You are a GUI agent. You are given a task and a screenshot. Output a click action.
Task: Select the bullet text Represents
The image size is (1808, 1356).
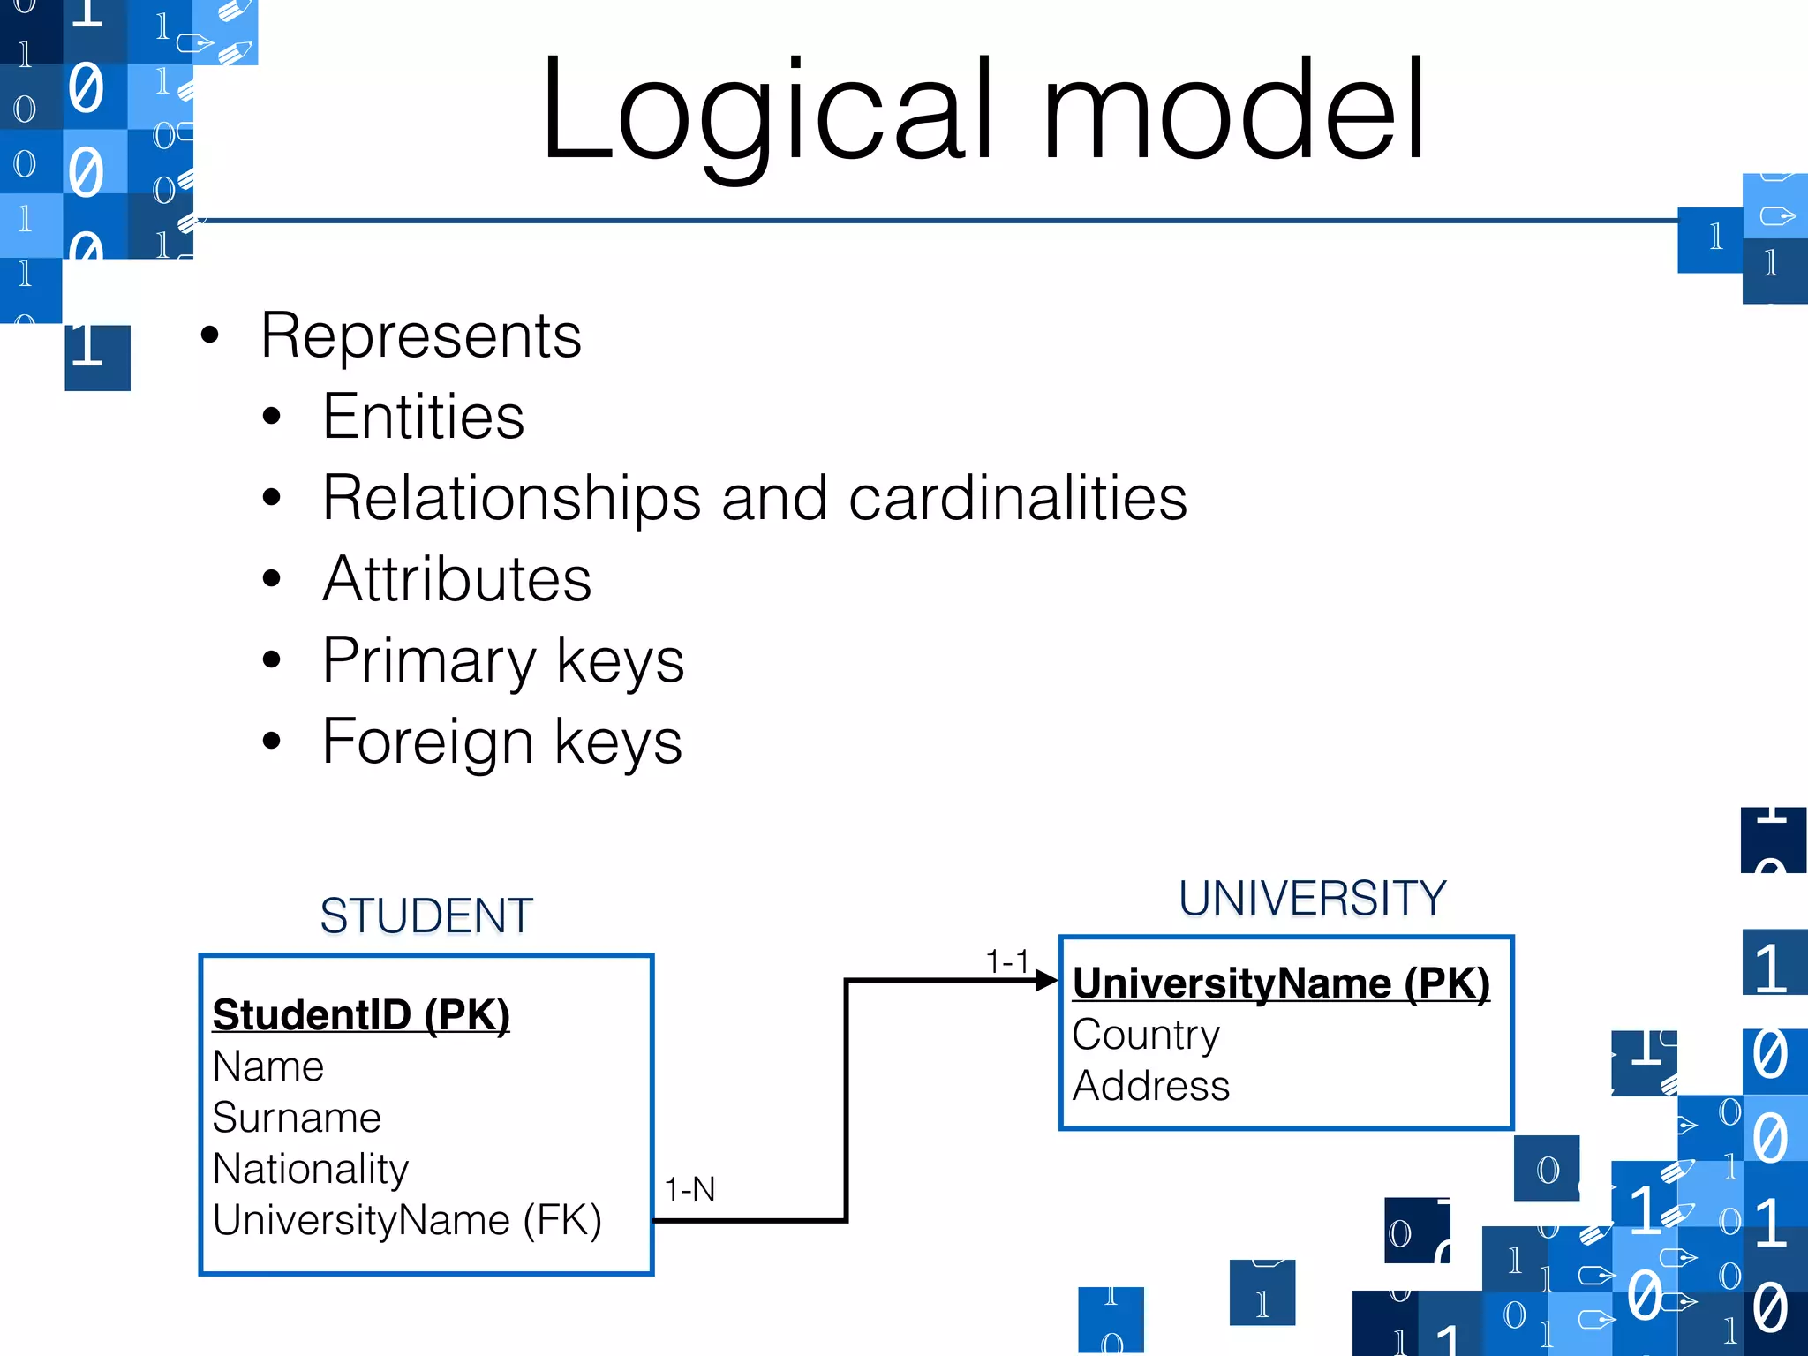click(421, 336)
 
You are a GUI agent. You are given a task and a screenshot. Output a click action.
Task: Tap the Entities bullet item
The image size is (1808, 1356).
click(423, 417)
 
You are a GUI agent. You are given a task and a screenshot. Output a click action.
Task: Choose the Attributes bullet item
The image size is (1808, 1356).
click(456, 580)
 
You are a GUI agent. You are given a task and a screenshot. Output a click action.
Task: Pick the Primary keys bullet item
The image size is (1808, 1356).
click(502, 660)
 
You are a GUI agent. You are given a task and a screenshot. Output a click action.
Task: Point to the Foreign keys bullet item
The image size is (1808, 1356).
click(501, 742)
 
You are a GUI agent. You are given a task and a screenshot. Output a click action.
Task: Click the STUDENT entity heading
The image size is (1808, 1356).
click(426, 915)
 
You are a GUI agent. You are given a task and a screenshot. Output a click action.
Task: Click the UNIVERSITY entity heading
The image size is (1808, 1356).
click(1312, 899)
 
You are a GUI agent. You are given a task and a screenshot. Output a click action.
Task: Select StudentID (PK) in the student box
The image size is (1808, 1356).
click(361, 1015)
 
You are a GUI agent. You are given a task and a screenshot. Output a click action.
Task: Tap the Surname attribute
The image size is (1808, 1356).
click(297, 1118)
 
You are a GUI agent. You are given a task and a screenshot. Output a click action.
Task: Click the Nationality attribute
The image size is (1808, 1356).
click(311, 1169)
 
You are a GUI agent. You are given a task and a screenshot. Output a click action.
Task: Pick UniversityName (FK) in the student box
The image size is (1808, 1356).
click(407, 1220)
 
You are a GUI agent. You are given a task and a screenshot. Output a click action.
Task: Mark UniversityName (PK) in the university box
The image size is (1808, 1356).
click(1281, 983)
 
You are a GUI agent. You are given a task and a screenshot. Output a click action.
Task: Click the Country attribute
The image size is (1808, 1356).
click(1145, 1035)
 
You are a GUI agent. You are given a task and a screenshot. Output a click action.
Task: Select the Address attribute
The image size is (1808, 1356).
click(1150, 1086)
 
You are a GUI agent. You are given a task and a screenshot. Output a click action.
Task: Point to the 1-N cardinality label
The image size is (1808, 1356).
click(689, 1189)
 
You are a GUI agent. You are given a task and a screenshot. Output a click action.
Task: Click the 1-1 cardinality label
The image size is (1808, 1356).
click(1006, 960)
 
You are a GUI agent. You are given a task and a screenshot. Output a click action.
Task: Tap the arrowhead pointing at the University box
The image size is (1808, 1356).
click(1047, 980)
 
